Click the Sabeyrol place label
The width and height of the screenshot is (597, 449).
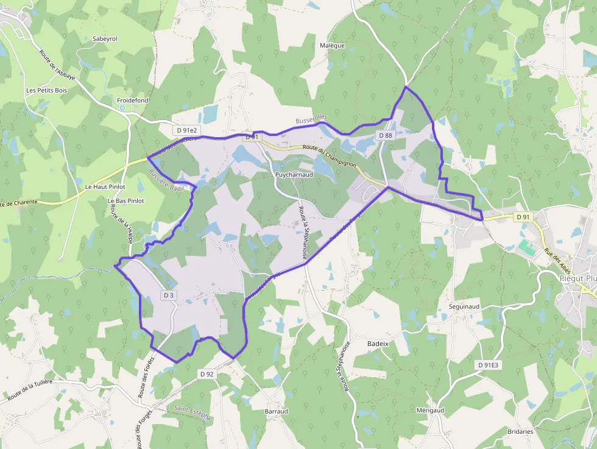pyautogui.click(x=105, y=38)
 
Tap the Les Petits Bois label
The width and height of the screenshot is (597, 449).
pyautogui.click(x=46, y=90)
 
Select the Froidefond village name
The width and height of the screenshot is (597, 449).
pyautogui.click(x=133, y=100)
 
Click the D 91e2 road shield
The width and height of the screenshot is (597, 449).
pyautogui.click(x=186, y=130)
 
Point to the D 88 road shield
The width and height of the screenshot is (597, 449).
pyautogui.click(x=385, y=135)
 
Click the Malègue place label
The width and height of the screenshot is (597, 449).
pyautogui.click(x=332, y=45)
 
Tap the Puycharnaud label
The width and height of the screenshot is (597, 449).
pyautogui.click(x=294, y=174)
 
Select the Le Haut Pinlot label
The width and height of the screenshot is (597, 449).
pyautogui.click(x=105, y=186)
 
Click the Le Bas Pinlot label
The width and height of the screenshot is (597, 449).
pyautogui.click(x=125, y=200)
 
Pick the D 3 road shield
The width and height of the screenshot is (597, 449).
pyautogui.click(x=169, y=295)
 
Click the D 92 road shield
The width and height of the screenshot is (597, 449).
pyautogui.click(x=207, y=373)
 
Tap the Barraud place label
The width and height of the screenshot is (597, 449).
pyautogui.click(x=276, y=411)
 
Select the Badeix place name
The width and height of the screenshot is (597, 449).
pyautogui.click(x=378, y=344)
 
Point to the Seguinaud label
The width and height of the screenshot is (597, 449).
pyautogui.click(x=465, y=306)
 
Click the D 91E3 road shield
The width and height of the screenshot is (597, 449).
pyautogui.click(x=488, y=364)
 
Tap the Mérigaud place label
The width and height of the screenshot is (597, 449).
pyautogui.click(x=430, y=410)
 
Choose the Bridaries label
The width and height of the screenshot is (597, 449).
pyautogui.click(x=520, y=431)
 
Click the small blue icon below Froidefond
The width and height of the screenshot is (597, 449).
pyautogui.click(x=122, y=108)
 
